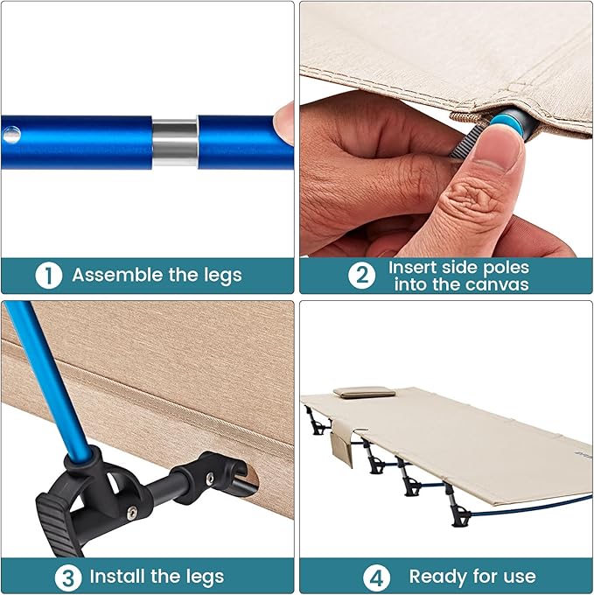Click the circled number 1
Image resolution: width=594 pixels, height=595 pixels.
tap(48, 275)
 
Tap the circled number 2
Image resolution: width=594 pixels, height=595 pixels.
tap(361, 275)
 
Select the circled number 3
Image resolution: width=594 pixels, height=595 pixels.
tap(68, 578)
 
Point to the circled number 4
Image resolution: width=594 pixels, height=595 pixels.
tap(376, 578)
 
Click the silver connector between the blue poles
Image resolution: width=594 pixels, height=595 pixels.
tap(174, 143)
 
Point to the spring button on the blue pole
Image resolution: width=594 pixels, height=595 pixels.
tap(11, 134)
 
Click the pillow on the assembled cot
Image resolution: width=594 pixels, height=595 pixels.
tap(364, 392)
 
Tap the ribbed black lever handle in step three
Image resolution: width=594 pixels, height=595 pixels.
tap(57, 526)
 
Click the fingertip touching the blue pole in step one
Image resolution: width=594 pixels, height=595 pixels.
tap(283, 122)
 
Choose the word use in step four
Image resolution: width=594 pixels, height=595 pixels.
tap(520, 577)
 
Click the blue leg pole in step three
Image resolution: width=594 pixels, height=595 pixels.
tap(49, 380)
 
